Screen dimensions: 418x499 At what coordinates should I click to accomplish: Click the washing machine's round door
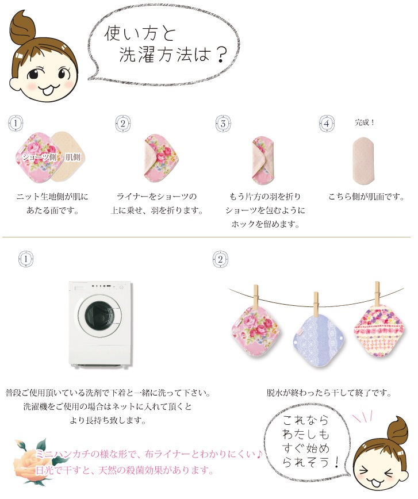[99, 314]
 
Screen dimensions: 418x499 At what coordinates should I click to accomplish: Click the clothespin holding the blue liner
[316, 305]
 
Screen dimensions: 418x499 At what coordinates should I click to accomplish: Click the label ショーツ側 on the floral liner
[39, 157]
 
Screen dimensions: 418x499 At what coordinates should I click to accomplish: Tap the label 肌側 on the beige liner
[73, 157]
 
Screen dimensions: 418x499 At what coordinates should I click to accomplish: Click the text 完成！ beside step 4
[365, 122]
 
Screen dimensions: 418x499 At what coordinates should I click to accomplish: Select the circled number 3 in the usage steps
[223, 124]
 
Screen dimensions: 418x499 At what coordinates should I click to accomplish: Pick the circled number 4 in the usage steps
[327, 124]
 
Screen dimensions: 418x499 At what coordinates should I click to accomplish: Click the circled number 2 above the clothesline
[220, 259]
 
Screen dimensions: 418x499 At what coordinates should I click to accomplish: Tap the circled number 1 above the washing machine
[26, 259]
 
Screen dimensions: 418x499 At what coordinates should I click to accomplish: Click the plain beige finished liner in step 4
[363, 161]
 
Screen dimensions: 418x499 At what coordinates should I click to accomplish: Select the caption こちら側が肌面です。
[366, 197]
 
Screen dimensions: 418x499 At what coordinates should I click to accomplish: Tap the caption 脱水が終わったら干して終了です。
[329, 393]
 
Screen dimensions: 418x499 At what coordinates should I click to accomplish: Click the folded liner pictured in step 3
[263, 161]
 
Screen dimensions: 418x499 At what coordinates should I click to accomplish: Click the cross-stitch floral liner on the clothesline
[379, 331]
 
